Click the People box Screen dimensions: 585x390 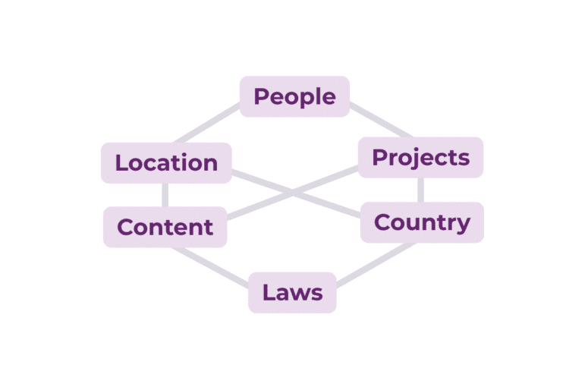[x=294, y=96]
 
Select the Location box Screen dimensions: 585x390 [x=166, y=162]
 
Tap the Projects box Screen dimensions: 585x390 [x=420, y=157]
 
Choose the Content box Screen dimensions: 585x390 [x=165, y=227]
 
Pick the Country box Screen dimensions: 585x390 [x=422, y=222]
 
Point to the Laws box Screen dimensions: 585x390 [x=293, y=293]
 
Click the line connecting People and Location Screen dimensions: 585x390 [x=207, y=123]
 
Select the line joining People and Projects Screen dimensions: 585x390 [x=381, y=119]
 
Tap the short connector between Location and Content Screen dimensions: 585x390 [x=165, y=195]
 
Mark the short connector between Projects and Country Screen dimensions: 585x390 [x=420, y=190]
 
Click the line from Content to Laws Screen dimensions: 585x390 [x=210, y=266]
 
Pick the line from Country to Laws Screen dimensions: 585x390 [x=376, y=264]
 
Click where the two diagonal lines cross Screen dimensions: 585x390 [x=293, y=193]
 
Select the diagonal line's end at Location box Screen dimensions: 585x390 [x=232, y=172]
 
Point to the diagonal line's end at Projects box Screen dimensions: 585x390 [x=358, y=168]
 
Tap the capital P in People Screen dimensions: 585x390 [x=261, y=96]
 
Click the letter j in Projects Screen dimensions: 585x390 [x=402, y=159]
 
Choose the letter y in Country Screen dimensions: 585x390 [x=463, y=225]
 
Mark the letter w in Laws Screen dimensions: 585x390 [x=300, y=294]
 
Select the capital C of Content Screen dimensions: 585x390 [x=125, y=227]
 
